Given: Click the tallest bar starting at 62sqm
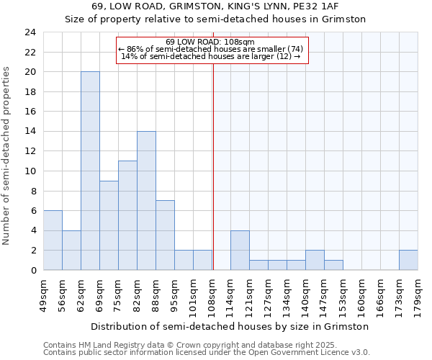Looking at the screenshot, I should click(90, 171).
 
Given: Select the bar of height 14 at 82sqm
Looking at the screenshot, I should click(146, 200).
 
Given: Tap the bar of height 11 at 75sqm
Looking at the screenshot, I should click(127, 215).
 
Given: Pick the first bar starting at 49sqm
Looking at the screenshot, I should click(53, 240).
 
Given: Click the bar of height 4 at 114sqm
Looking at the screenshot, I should click(240, 250).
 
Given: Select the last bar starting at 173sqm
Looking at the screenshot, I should click(408, 260).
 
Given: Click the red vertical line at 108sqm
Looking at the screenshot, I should click(213, 166).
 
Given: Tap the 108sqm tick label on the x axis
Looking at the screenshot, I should click(212, 294).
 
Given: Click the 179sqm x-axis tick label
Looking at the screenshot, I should click(418, 294).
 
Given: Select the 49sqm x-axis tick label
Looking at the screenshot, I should click(44, 294).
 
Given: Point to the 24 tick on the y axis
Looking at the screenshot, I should click(30, 32).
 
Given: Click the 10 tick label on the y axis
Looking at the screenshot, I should click(30, 171).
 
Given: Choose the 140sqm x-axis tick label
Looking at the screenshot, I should click(306, 294).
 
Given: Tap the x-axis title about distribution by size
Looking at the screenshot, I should click(230, 326).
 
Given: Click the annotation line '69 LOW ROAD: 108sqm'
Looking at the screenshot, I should click(210, 42).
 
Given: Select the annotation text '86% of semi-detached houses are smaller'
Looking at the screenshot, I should click(210, 49).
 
